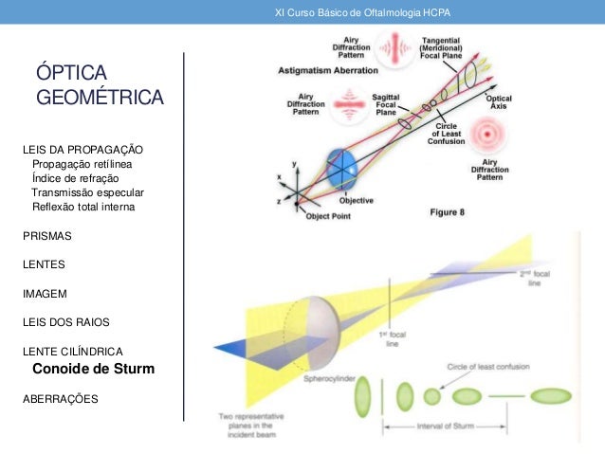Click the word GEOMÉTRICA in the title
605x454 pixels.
pyautogui.click(x=100, y=98)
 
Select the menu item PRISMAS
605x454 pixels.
pyautogui.click(x=47, y=234)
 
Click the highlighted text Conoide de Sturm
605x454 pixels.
pyautogui.click(x=93, y=369)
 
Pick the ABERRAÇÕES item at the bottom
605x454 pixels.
pyautogui.click(x=60, y=398)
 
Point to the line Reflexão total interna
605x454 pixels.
pyautogui.click(x=83, y=206)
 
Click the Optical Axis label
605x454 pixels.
pyautogui.click(x=499, y=102)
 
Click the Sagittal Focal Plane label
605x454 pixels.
pyautogui.click(x=385, y=104)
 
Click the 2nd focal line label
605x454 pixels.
pyautogui.click(x=537, y=277)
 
